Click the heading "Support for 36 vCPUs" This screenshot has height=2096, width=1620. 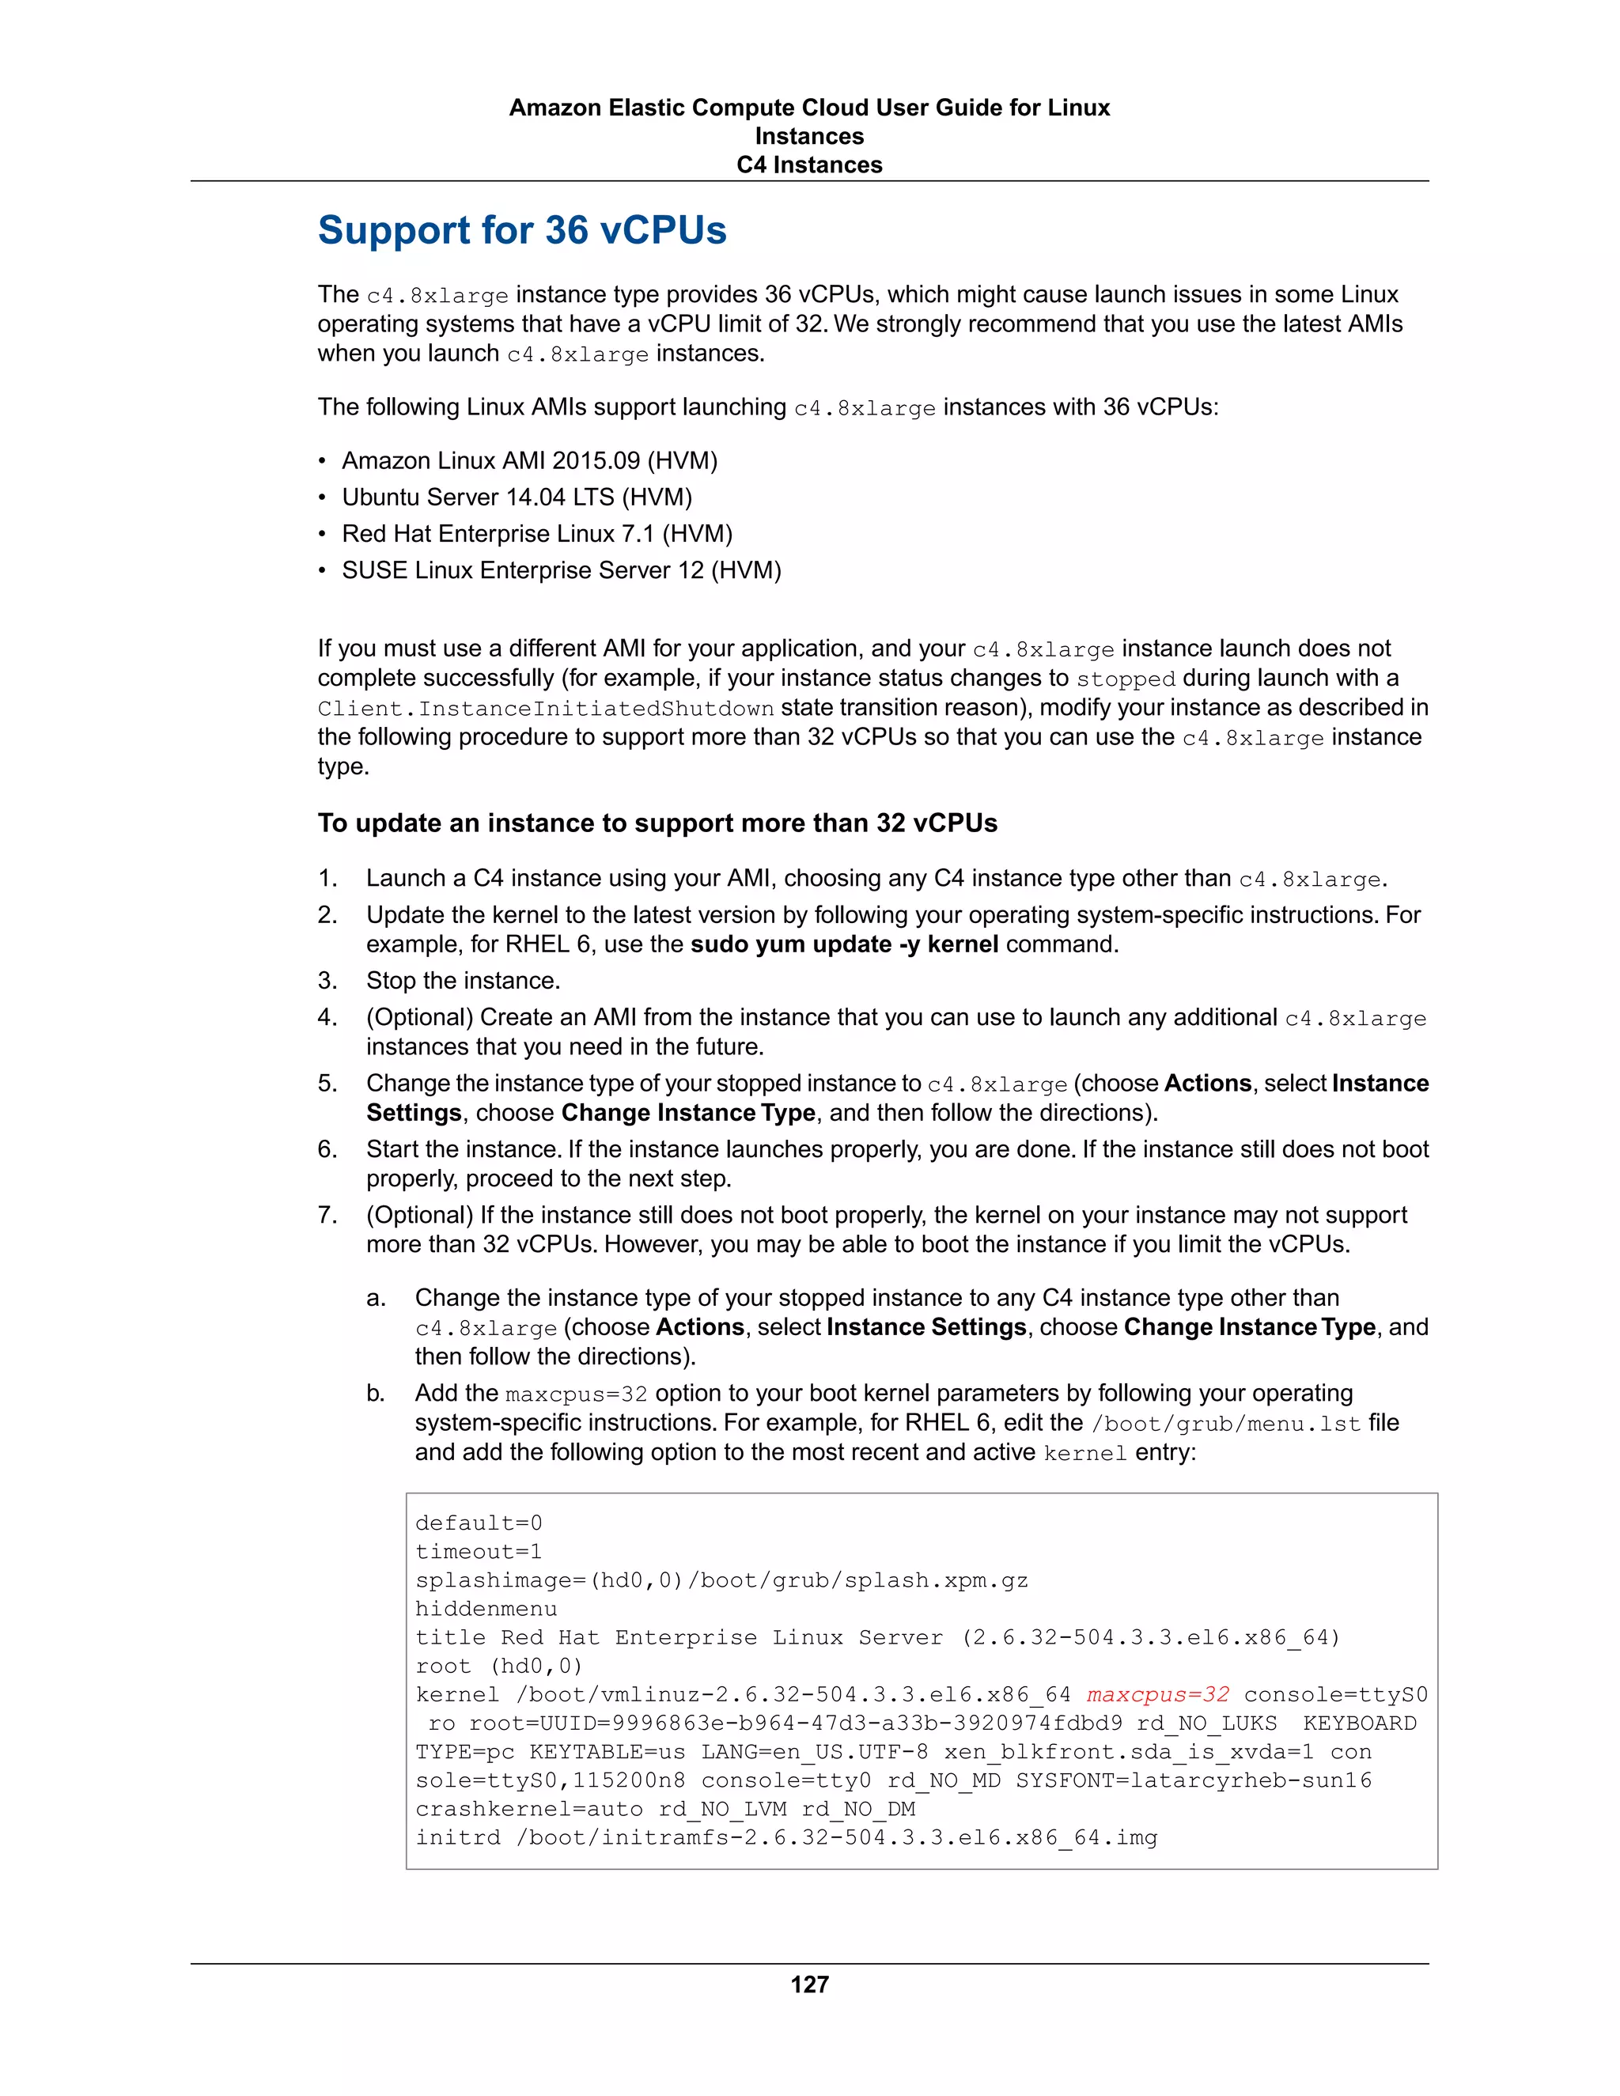522,230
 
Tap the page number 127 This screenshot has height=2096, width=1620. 809,1984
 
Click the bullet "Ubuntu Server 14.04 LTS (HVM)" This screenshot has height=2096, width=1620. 517,498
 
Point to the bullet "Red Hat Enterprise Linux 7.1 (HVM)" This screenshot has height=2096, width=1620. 537,534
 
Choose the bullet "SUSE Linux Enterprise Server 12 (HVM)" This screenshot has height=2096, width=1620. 562,570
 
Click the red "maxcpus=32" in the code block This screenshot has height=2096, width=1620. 1157,1695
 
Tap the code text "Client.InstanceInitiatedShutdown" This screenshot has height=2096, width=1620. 546,708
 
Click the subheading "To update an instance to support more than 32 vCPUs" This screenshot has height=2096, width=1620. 657,823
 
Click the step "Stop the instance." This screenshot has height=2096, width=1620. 463,981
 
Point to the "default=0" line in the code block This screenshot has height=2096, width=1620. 479,1523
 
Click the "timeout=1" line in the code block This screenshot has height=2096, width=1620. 479,1552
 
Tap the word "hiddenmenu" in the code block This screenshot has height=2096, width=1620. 486,1610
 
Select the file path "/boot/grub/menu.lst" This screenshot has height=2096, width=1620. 1225,1423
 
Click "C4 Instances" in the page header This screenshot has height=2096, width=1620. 809,165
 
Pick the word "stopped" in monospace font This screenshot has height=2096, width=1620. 1125,679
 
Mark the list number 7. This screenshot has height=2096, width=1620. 327,1215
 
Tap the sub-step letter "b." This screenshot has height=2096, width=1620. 377,1394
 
